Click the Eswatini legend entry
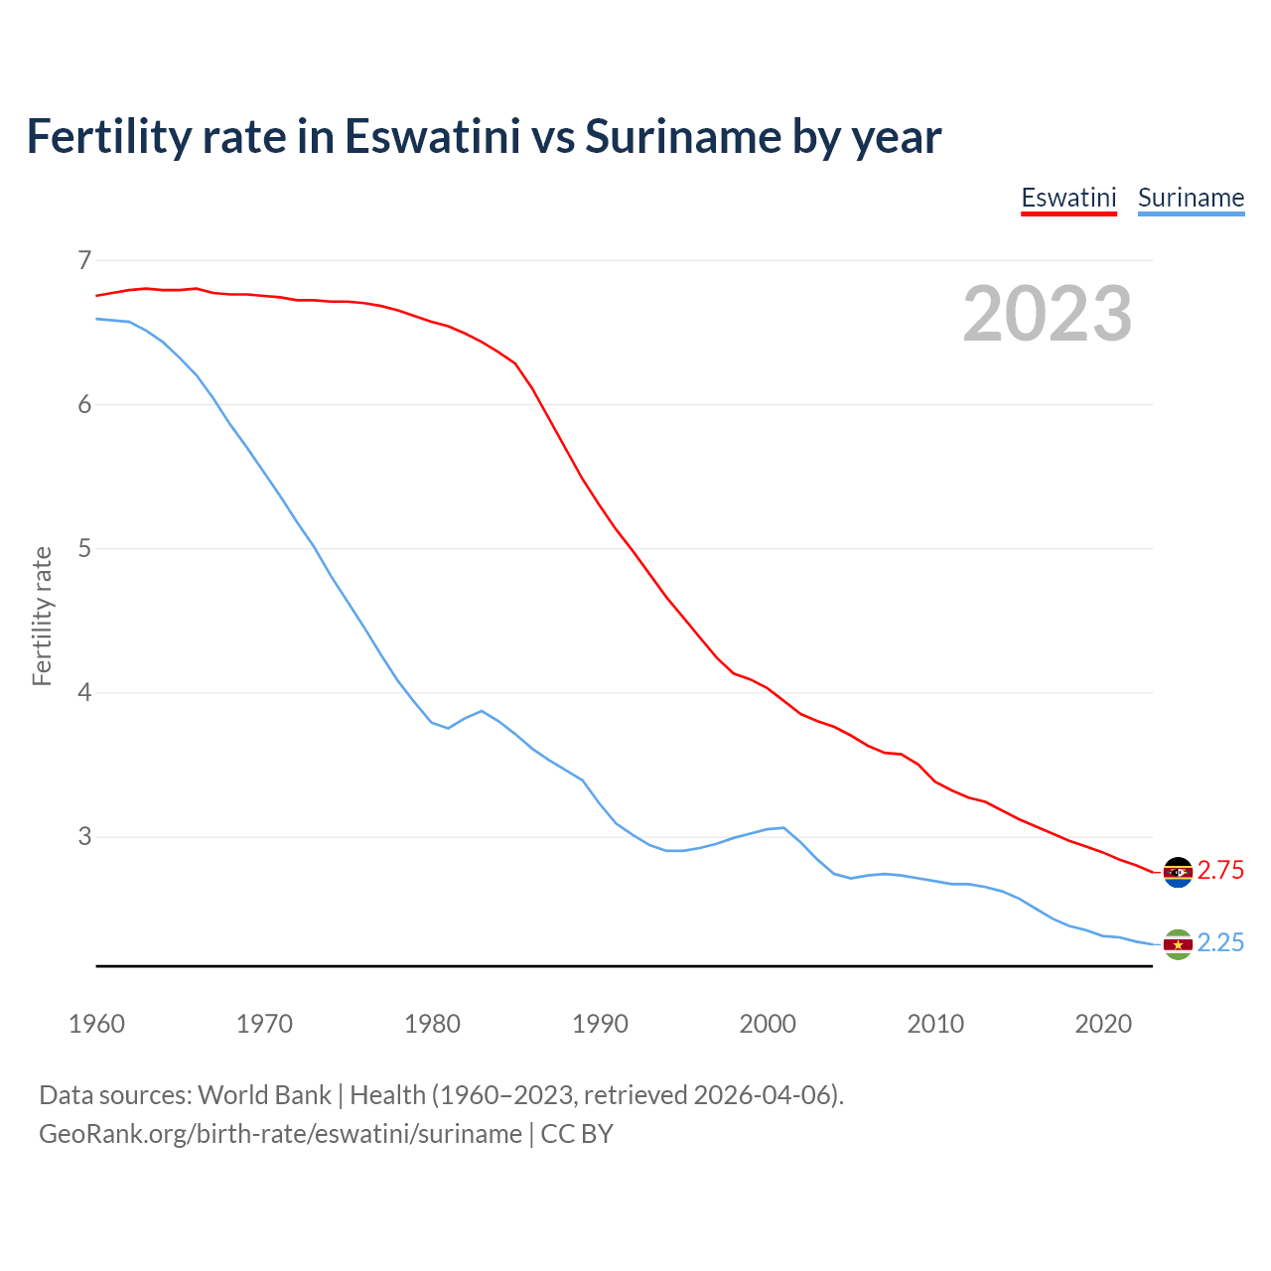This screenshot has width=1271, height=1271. point(1068,198)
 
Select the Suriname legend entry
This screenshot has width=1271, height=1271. point(1191,198)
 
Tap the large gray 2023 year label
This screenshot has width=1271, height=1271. point(1048,314)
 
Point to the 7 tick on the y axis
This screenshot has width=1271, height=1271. point(84,260)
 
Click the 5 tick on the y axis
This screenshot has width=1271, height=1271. point(84,548)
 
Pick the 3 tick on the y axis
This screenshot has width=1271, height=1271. point(84,836)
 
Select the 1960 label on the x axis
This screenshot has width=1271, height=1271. point(96,1024)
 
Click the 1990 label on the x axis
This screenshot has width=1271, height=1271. point(600,1024)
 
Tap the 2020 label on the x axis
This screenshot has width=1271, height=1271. point(1103,1024)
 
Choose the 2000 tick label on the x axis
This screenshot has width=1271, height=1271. point(768,1024)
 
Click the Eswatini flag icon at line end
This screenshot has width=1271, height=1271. point(1178,872)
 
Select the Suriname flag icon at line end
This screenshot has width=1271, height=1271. point(1178,944)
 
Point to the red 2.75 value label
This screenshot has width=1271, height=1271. point(1220,871)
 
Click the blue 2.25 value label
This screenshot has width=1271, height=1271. point(1220,943)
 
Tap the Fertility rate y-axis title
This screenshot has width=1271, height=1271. point(42,616)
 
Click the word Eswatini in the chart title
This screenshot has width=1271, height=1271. point(432,137)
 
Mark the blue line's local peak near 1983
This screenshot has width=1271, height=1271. point(482,711)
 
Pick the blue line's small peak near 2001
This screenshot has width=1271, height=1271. point(783,827)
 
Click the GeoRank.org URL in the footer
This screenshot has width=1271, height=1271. point(280,1134)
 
